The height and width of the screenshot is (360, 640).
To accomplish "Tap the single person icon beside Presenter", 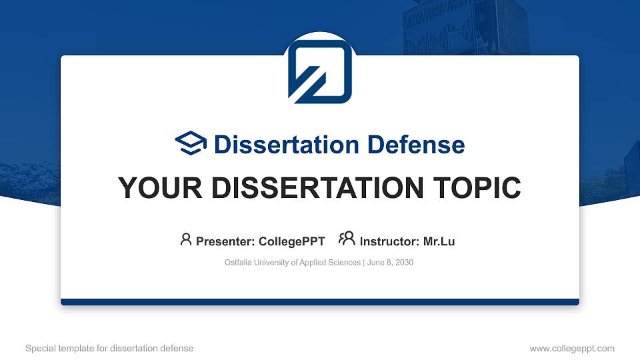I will point(186,239).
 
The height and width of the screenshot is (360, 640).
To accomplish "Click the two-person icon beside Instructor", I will point(347,239).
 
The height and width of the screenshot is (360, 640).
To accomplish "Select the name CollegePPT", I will point(292,241).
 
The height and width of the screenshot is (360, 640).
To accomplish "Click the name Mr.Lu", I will point(439,241).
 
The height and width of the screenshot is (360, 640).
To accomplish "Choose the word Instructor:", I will point(389,241).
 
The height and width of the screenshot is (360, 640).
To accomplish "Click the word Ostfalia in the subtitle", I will point(239,263).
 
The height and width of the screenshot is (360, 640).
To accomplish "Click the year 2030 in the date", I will point(404,263).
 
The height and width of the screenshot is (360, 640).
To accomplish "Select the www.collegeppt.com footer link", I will point(572,348).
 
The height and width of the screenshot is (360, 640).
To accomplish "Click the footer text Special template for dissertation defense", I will point(109,348).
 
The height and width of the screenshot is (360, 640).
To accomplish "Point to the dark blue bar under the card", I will point(320,302).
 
